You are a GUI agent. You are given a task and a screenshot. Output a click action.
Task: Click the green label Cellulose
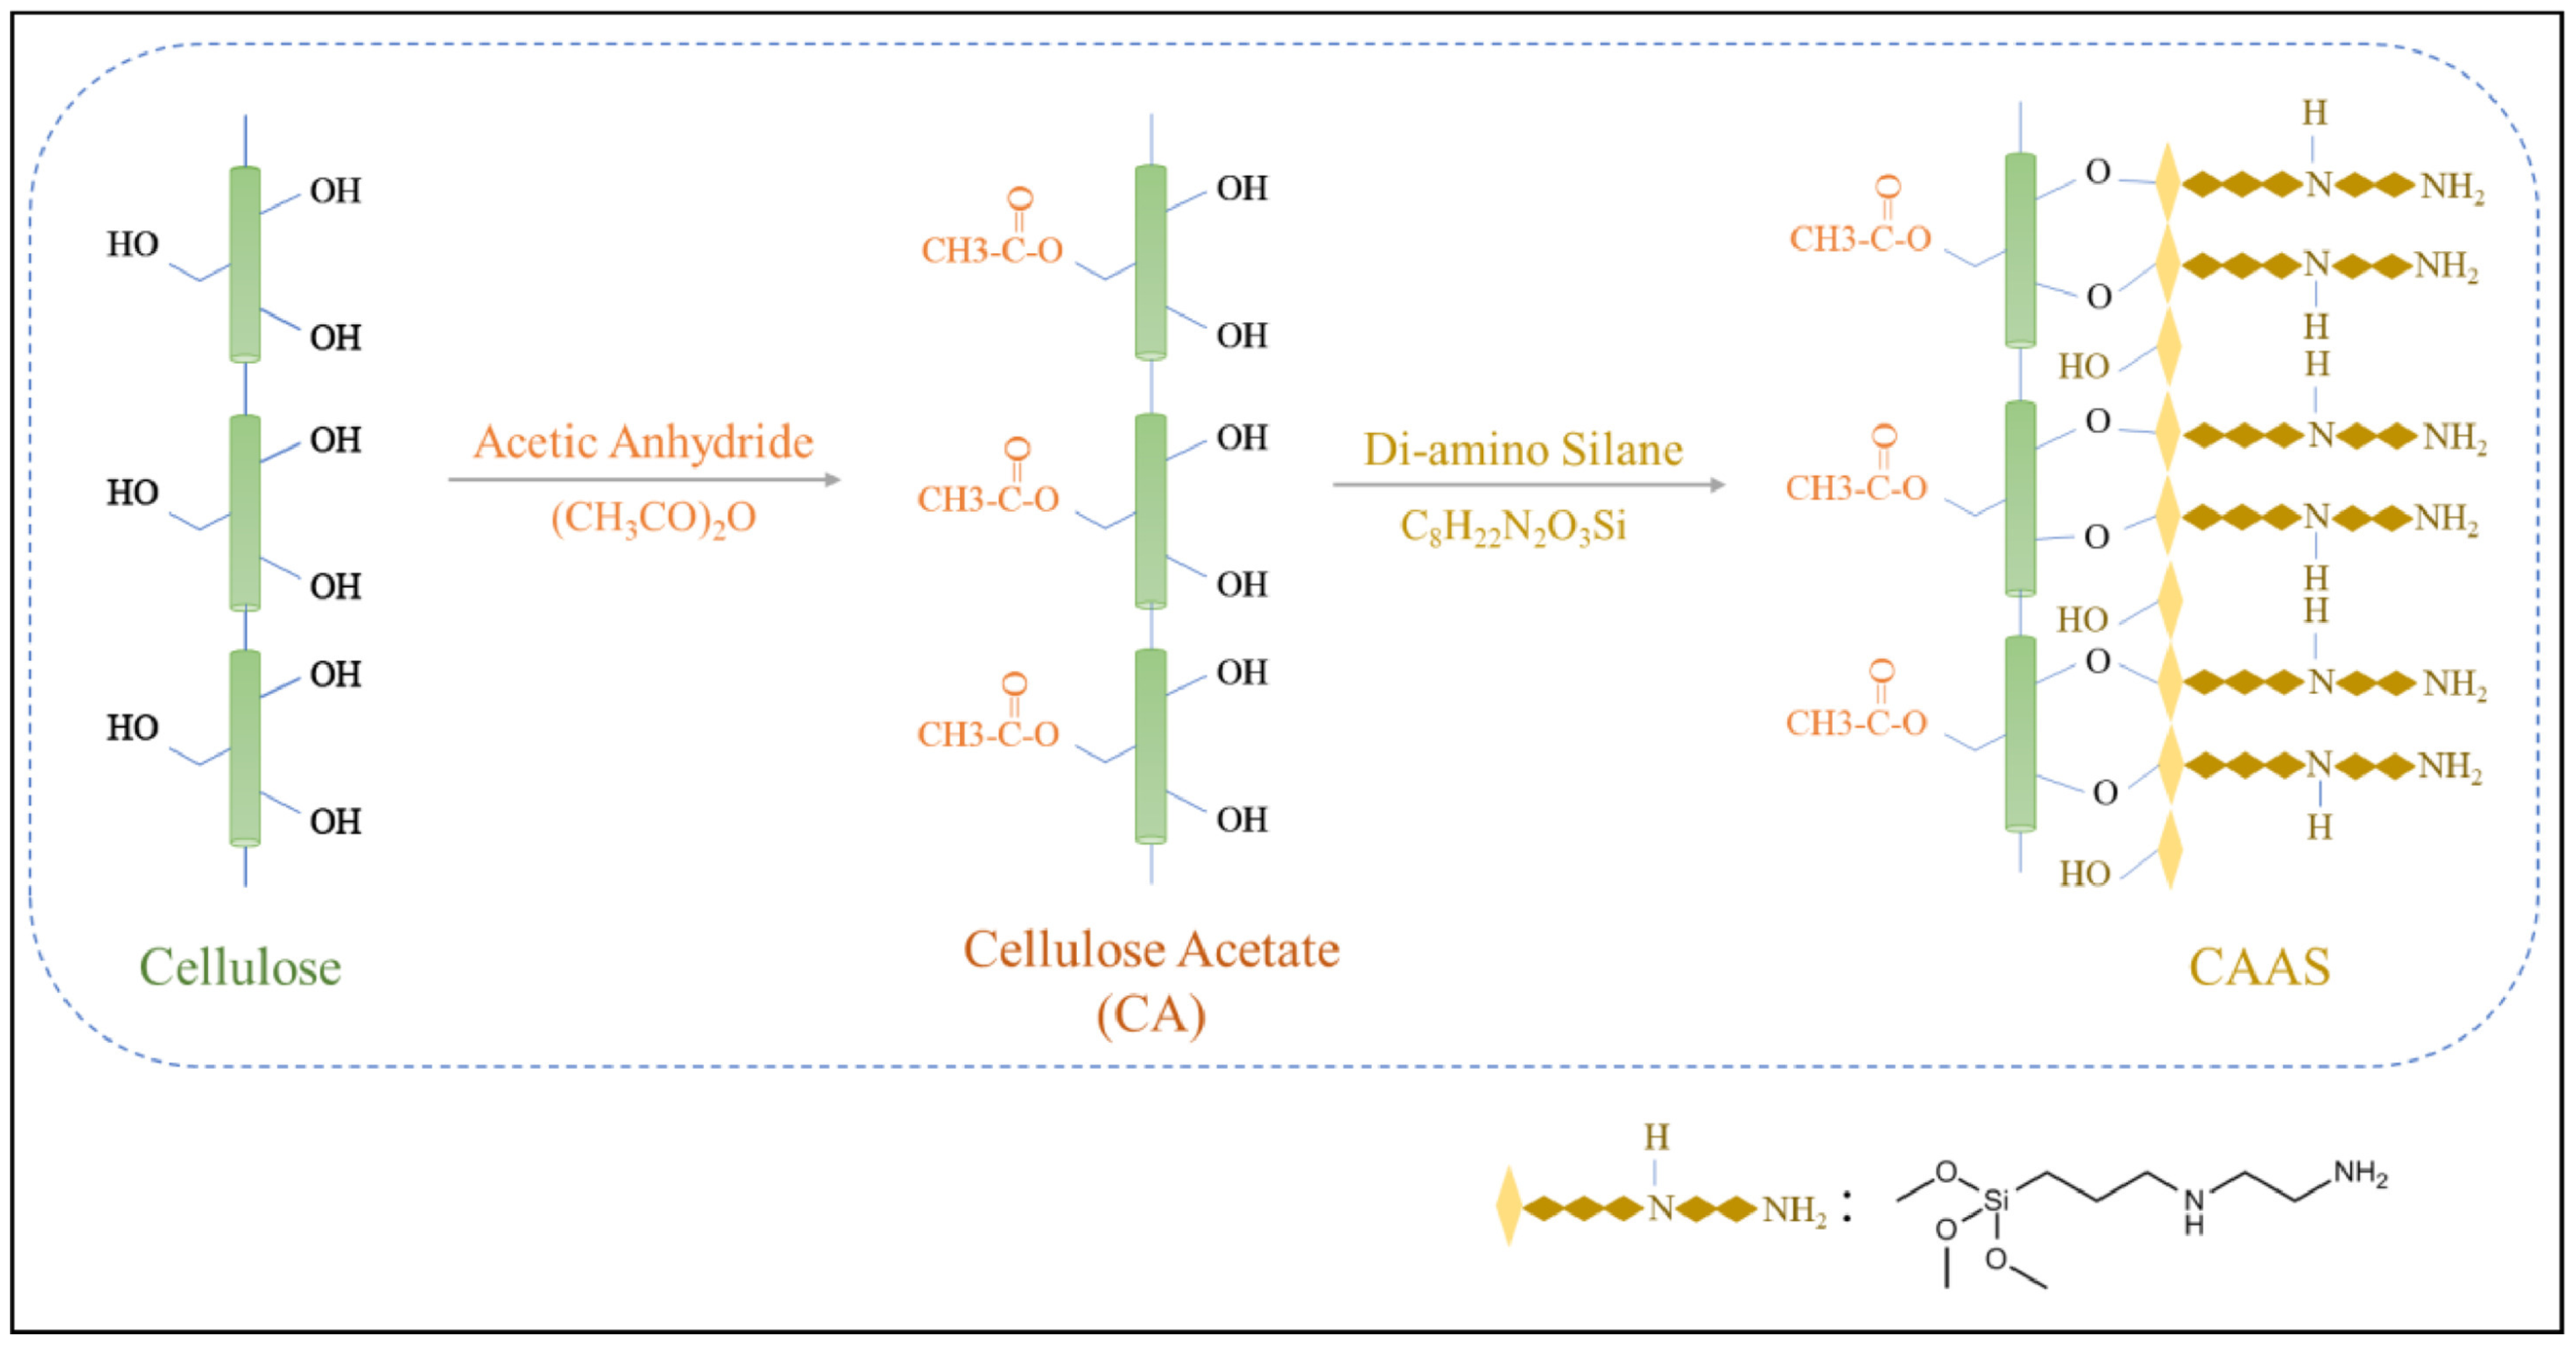tap(240, 968)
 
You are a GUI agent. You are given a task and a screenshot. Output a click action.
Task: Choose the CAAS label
tap(2259, 968)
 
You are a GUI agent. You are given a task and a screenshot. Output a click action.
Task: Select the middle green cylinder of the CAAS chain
tap(2020, 498)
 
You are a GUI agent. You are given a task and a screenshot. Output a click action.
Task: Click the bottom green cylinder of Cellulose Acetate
tap(1150, 745)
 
